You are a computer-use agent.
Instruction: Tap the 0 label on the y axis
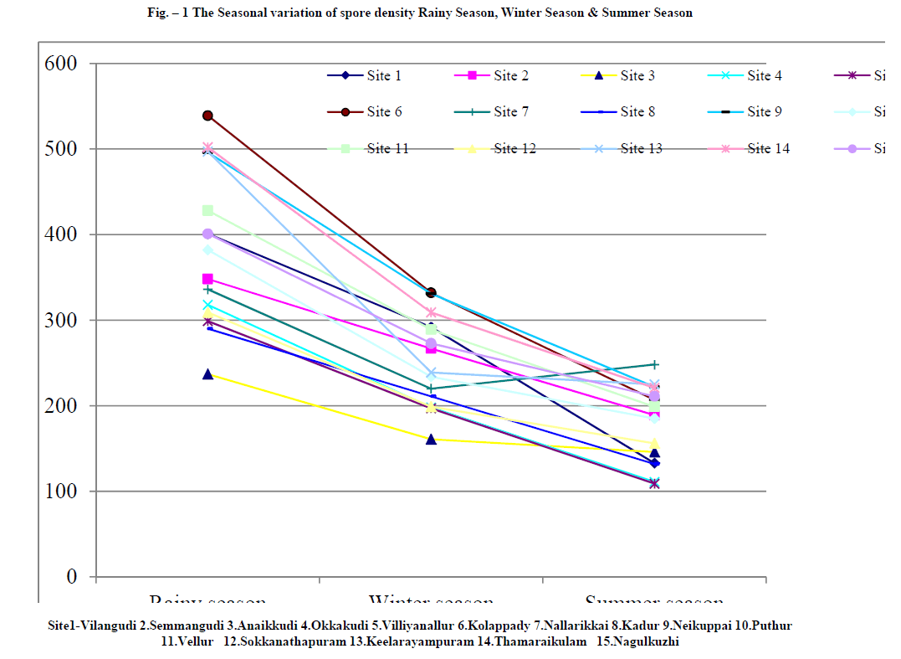(x=71, y=577)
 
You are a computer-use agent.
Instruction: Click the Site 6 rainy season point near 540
(x=207, y=116)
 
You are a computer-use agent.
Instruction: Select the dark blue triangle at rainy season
(x=207, y=374)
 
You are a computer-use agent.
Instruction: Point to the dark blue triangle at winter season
(x=431, y=439)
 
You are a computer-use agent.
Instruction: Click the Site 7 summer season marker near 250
(x=654, y=364)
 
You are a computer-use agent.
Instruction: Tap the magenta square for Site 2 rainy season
(x=207, y=279)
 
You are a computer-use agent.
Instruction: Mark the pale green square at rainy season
(x=207, y=210)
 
